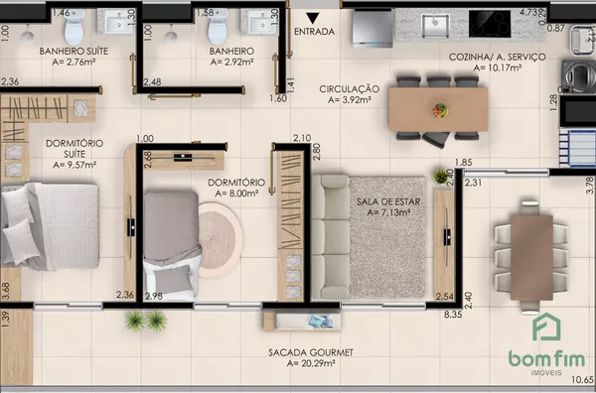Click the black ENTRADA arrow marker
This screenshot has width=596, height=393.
click(313, 18)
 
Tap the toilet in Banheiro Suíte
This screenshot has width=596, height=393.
click(74, 27)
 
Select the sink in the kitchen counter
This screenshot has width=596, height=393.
click(436, 26)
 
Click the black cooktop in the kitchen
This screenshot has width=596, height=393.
click(490, 24)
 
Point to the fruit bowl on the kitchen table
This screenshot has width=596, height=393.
click(440, 110)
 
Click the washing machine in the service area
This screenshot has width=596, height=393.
click(579, 76)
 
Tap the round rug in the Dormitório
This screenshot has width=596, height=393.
click(220, 240)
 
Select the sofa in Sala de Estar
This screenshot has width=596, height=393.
click(331, 236)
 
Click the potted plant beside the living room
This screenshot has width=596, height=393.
click(441, 177)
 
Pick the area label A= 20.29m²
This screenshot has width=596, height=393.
click(311, 363)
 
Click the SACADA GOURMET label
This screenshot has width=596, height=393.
click(311, 352)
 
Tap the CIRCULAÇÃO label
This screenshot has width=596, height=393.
click(350, 89)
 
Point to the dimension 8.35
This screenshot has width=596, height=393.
click(453, 315)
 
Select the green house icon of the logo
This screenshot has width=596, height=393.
click(546, 327)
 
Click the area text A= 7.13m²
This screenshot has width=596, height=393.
click(388, 212)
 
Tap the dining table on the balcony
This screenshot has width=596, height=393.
click(531, 258)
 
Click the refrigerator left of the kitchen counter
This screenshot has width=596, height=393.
click(372, 29)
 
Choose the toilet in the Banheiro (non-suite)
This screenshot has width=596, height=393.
click(218, 27)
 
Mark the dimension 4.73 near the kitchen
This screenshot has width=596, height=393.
click(528, 12)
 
